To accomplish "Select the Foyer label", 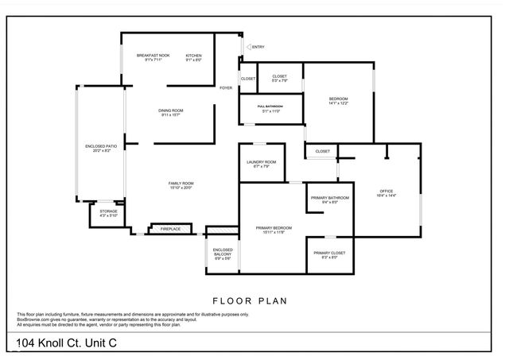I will (x=227, y=88).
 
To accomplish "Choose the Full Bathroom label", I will (x=271, y=108).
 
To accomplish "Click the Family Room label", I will (x=181, y=186).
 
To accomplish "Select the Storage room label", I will (x=108, y=214).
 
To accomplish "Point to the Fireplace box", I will (x=171, y=229).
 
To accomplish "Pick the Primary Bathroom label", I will (x=329, y=199).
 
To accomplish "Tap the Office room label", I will (x=387, y=192).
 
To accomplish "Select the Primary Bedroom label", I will (x=274, y=230).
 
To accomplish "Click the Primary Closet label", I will (x=329, y=254).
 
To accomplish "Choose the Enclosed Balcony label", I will (x=222, y=254).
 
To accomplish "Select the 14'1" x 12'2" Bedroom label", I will (x=339, y=101).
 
